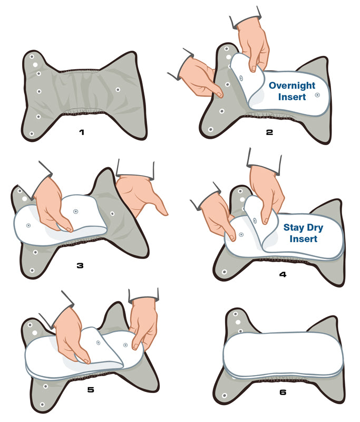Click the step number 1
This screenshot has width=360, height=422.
tap(82, 132)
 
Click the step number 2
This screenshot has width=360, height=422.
tap(269, 132)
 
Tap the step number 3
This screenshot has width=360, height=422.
tap(80, 266)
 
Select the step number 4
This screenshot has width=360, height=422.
tap(283, 274)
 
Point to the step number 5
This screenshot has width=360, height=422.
tap(91, 389)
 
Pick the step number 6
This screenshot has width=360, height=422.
tap(283, 392)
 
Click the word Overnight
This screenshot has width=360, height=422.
tap(292, 85)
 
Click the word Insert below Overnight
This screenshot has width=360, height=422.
tap(292, 97)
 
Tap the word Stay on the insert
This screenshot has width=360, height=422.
tap(294, 228)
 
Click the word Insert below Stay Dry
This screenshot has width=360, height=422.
tap(303, 239)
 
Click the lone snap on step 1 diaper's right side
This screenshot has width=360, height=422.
tap(118, 90)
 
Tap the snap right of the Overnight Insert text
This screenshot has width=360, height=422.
tap(317, 95)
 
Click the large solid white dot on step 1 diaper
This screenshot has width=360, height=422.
tap(35, 65)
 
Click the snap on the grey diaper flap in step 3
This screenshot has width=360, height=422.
tap(112, 214)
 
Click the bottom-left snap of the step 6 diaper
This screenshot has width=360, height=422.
tap(225, 395)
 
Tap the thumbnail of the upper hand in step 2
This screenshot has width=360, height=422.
tap(253, 69)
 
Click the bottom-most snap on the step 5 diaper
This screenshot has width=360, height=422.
tap(42, 405)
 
